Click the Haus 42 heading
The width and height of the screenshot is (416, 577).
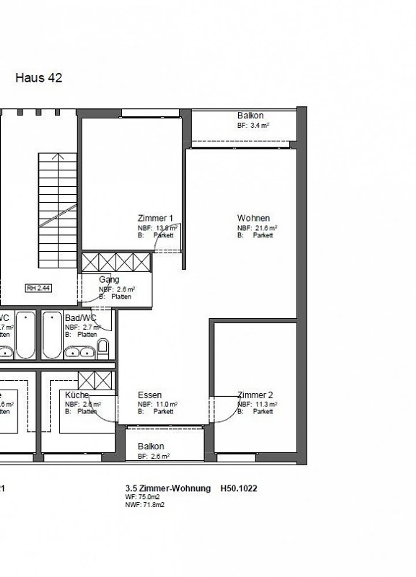pos(39,78)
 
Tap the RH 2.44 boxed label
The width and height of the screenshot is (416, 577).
pos(39,288)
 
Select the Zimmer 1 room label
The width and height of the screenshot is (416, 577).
pos(155,218)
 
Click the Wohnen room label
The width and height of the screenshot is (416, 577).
pos(253,218)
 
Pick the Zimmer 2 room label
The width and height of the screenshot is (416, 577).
pos(255,395)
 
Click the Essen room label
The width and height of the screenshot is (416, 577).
pos(150,395)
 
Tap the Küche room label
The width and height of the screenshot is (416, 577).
pos(77,395)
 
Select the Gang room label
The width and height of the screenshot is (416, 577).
pos(109,279)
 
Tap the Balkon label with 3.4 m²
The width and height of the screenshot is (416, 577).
pos(250,116)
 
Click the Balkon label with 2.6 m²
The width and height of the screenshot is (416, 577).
pos(151,446)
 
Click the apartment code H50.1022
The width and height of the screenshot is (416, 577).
pos(239,488)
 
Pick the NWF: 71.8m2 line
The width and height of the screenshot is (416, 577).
pos(145,505)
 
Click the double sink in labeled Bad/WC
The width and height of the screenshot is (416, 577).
pos(80,352)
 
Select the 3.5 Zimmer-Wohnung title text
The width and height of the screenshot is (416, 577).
pos(168,488)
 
